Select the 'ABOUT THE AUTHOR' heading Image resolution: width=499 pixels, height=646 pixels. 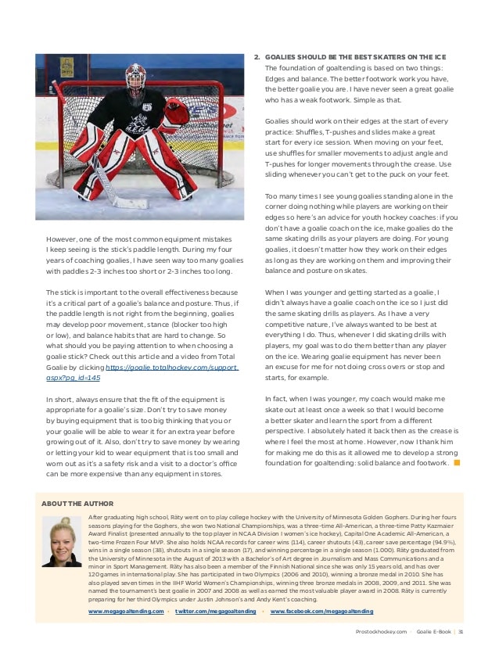[77, 504]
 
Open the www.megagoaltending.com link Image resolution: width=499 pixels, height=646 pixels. [125, 610]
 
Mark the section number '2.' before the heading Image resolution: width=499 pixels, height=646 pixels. [258, 57]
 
